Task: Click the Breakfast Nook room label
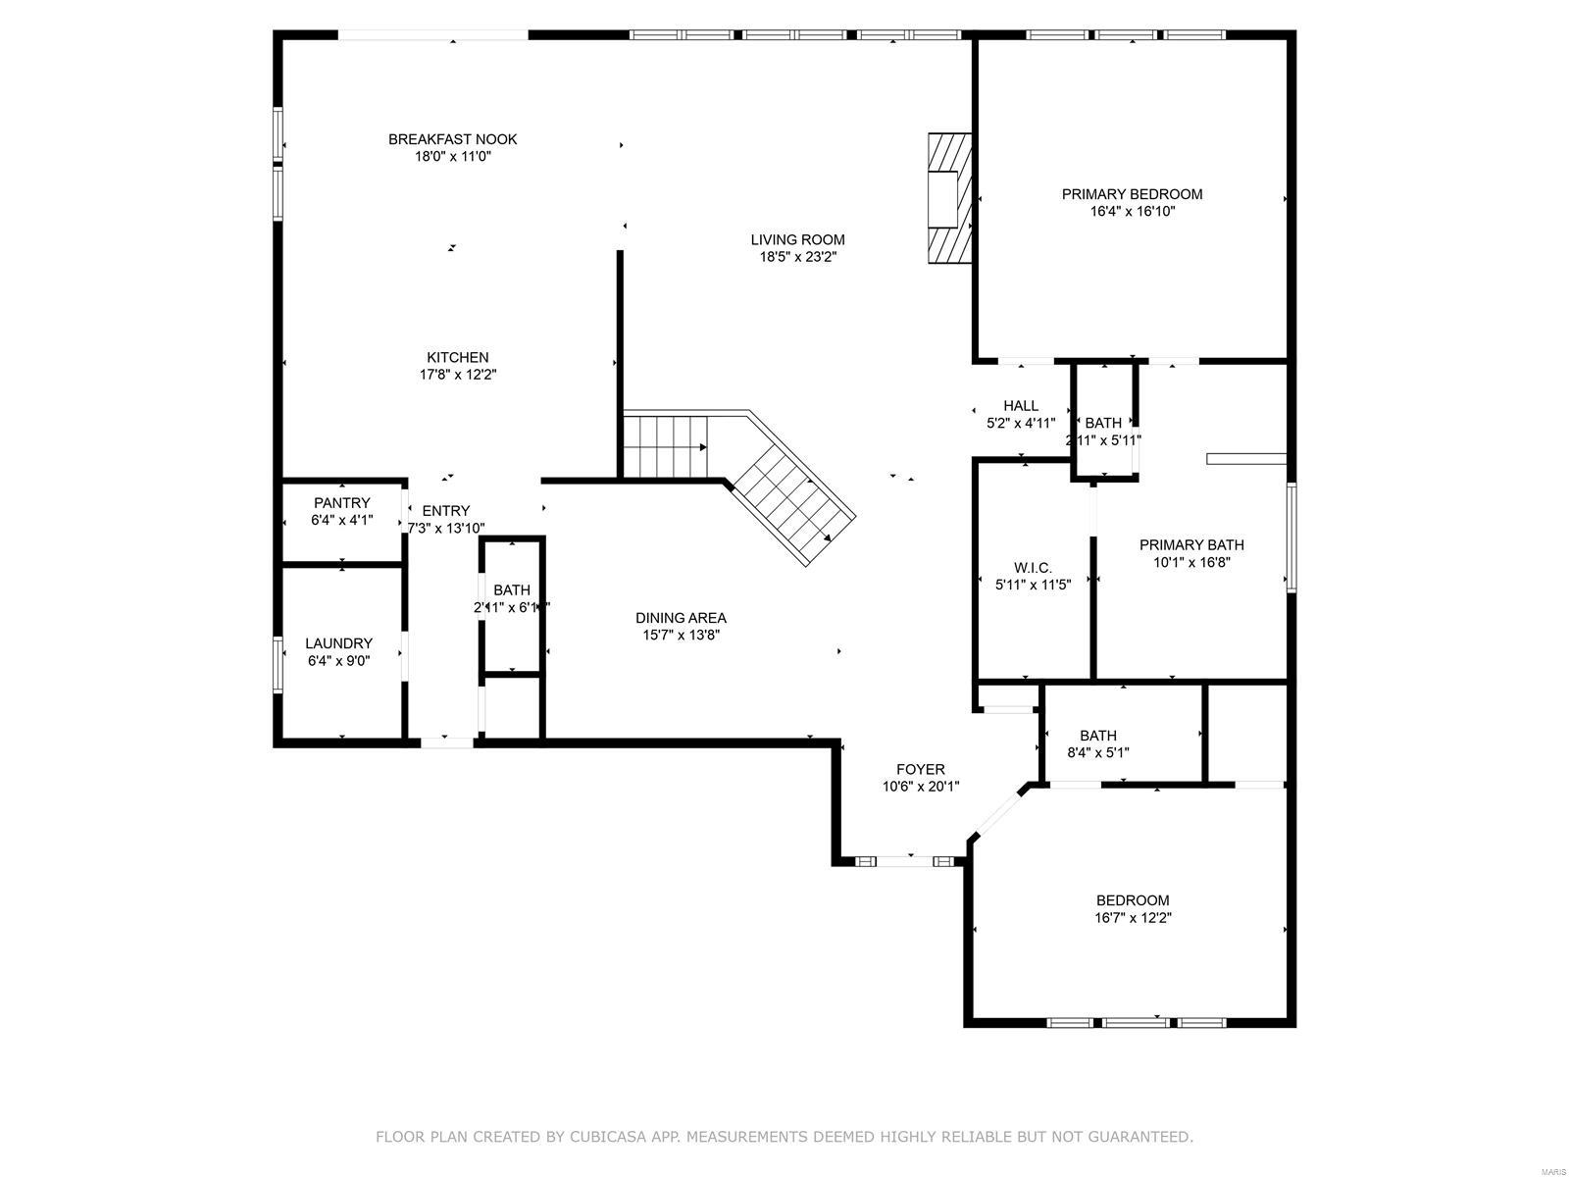(452, 139)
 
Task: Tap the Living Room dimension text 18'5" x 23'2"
(797, 257)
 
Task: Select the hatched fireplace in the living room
(948, 198)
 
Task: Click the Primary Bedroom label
(1132, 194)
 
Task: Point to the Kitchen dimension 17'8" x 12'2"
(457, 375)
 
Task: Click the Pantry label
(341, 503)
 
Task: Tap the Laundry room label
(338, 643)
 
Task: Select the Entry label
(445, 511)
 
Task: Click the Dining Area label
(681, 618)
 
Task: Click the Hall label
(1020, 406)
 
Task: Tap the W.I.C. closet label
(1032, 568)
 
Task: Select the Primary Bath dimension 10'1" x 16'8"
(1191, 563)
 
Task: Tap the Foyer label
(920, 770)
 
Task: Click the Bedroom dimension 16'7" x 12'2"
(1133, 919)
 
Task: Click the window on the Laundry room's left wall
(278, 664)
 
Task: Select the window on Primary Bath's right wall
(1291, 537)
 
